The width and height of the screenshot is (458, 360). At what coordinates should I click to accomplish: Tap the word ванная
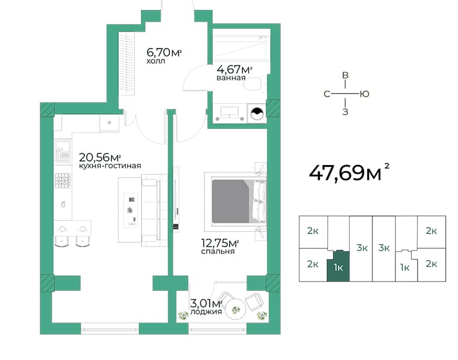click(231, 78)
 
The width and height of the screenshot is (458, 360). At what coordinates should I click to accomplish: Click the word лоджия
click(206, 312)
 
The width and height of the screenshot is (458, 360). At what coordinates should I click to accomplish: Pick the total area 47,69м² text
click(348, 173)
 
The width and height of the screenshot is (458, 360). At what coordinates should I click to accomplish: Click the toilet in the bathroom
click(255, 84)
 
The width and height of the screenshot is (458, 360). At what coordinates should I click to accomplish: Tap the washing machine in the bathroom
click(257, 114)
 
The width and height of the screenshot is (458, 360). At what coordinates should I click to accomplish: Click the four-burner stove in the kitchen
click(63, 180)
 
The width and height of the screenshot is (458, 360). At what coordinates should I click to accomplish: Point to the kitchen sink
click(63, 150)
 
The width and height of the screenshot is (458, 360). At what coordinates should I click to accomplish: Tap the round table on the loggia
click(235, 309)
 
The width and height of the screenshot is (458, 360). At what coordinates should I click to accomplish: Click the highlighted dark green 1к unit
click(338, 266)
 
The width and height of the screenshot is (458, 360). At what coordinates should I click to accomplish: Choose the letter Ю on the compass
click(364, 94)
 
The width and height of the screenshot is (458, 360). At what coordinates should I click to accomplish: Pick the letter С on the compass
click(327, 94)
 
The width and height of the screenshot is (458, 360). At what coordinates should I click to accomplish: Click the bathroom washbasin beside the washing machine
click(230, 113)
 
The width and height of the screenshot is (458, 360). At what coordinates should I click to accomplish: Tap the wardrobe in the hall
click(127, 63)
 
